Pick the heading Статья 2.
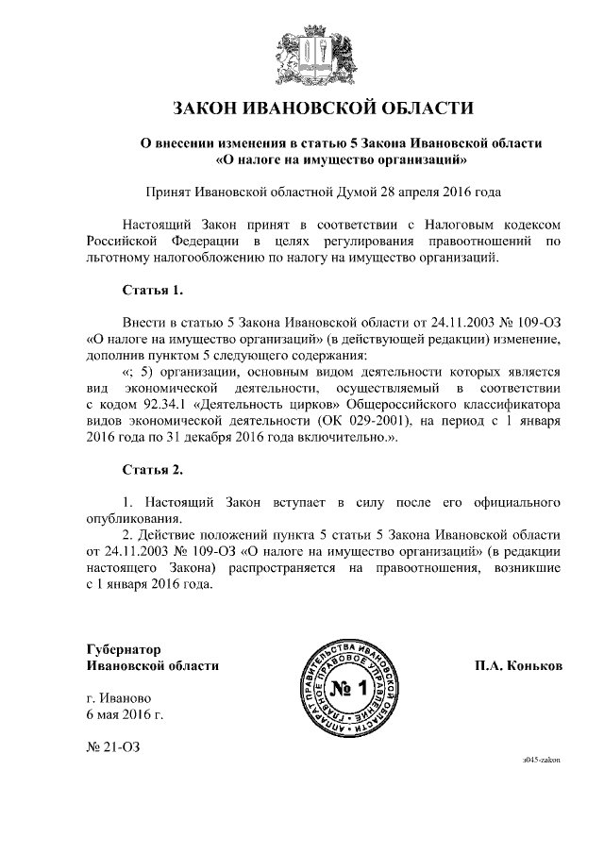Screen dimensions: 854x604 (151, 469)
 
